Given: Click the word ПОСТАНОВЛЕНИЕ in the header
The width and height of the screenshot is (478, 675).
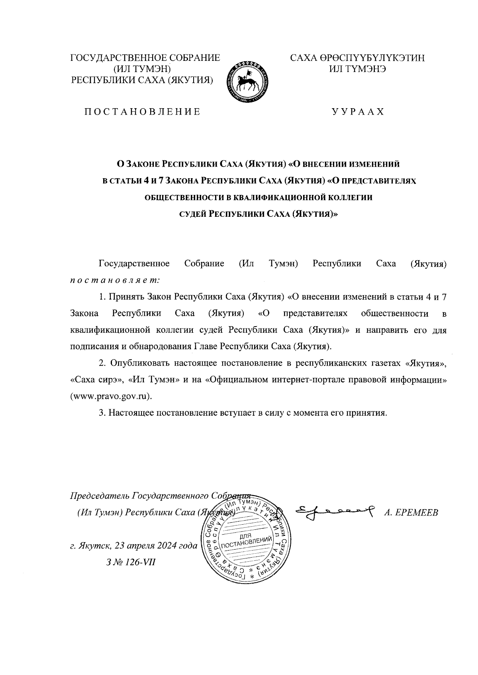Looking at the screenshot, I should [141, 112].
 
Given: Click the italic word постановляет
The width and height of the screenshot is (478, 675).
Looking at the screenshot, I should [115, 280].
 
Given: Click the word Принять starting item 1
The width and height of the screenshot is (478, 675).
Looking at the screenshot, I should [127, 297].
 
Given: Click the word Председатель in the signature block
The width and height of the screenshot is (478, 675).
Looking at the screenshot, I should [100, 496].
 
